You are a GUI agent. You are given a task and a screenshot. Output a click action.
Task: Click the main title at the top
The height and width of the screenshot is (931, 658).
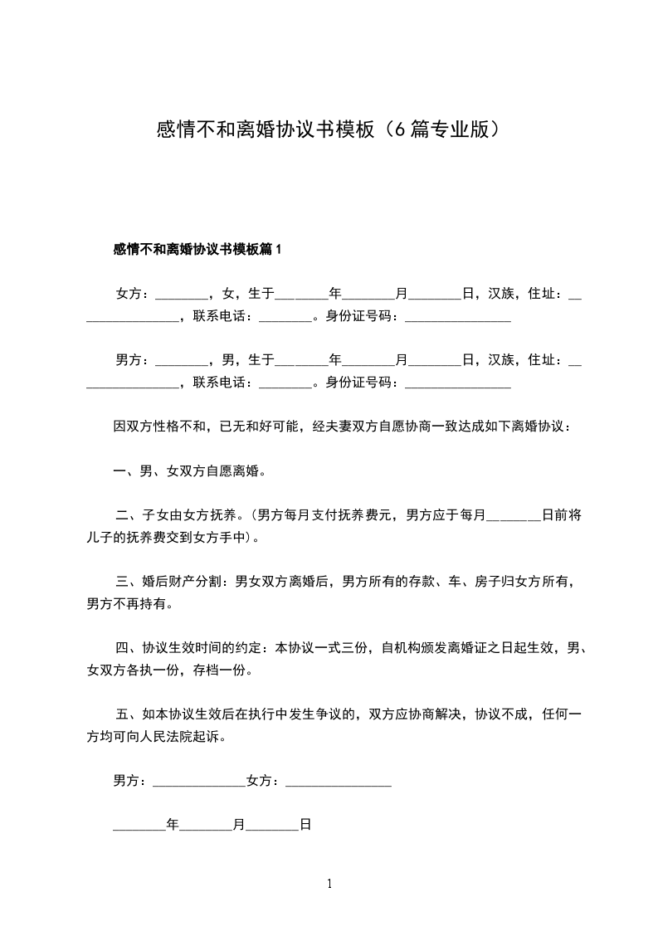329,130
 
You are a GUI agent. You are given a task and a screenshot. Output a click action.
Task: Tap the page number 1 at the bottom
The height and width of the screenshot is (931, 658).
329,884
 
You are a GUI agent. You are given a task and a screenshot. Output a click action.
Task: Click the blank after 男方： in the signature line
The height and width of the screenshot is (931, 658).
199,782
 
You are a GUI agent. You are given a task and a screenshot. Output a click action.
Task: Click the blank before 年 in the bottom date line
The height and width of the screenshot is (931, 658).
139,826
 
